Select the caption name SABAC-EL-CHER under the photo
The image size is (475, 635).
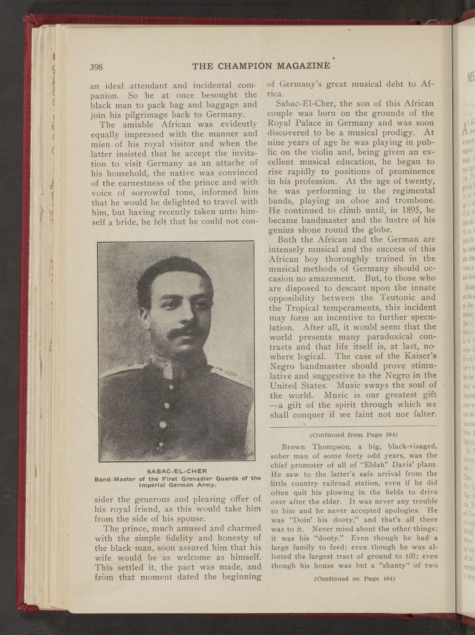point(177,471)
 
